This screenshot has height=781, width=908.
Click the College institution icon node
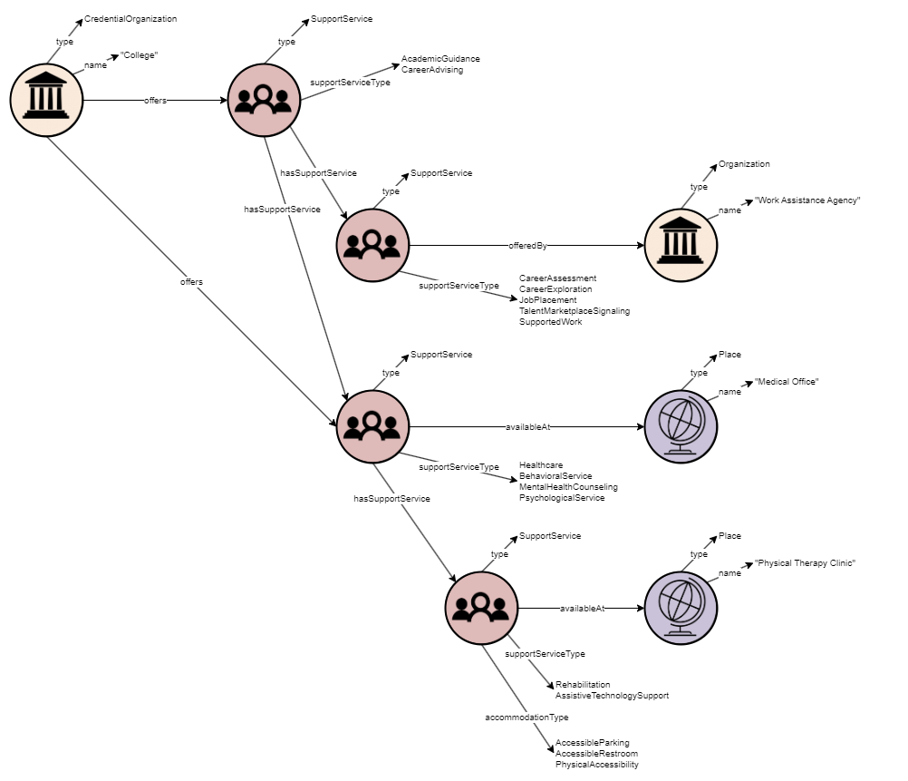click(46, 100)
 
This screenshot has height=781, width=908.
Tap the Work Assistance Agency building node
click(681, 245)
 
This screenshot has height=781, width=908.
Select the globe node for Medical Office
click(681, 426)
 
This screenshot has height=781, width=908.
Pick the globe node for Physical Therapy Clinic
click(681, 608)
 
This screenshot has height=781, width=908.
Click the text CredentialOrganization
click(130, 19)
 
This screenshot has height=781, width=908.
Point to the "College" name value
click(140, 55)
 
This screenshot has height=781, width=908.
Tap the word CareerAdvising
click(432, 70)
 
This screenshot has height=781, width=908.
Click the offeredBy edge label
click(527, 245)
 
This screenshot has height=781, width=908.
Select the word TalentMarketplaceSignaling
click(574, 311)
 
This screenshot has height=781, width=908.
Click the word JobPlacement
click(547, 300)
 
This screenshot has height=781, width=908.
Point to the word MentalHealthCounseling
click(568, 487)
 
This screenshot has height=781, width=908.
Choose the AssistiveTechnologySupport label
click(612, 696)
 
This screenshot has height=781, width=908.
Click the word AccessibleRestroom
click(596, 754)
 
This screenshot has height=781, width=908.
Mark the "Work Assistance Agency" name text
click(807, 200)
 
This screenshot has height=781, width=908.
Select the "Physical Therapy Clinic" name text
click(806, 563)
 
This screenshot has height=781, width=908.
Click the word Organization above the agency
click(744, 164)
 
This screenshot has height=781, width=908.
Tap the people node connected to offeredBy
click(372, 245)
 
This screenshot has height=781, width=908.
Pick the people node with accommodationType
click(481, 608)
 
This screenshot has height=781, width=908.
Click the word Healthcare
click(541, 465)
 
